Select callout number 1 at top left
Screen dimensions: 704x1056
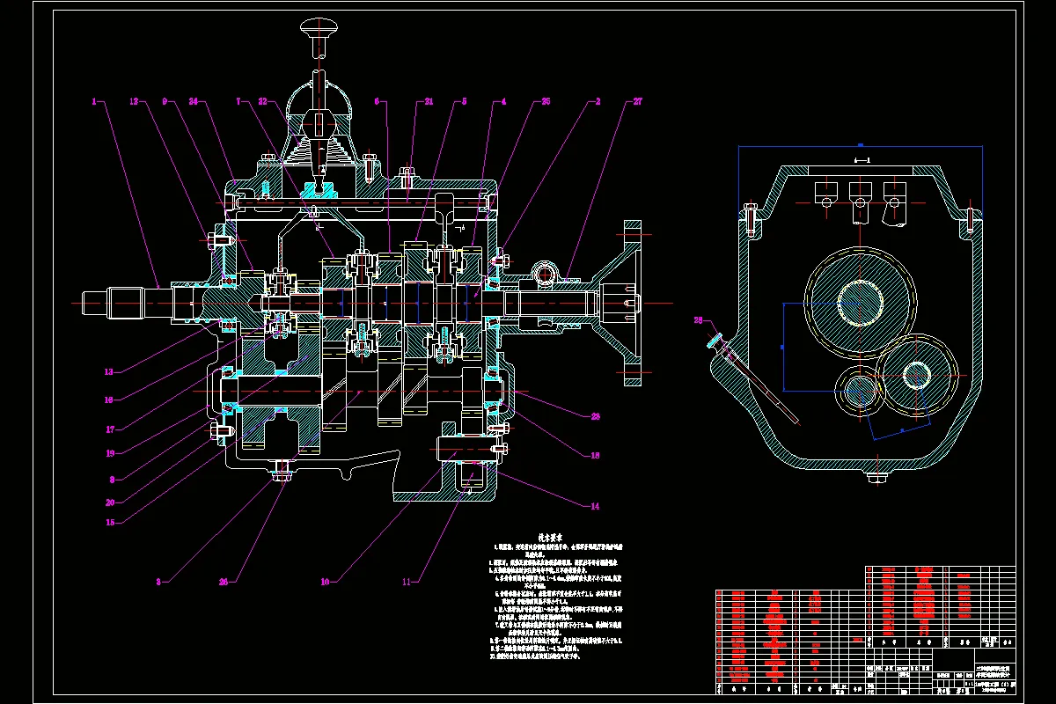tap(93, 102)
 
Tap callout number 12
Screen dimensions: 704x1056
tap(135, 102)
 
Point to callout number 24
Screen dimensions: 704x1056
tap(193, 102)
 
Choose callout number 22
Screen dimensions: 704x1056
tap(262, 102)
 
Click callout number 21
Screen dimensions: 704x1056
tap(429, 102)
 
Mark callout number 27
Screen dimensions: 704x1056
tap(637, 102)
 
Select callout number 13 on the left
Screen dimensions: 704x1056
tap(108, 371)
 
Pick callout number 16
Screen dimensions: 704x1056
tap(110, 400)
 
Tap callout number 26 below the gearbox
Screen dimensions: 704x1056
tap(223, 582)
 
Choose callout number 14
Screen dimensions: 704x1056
tap(595, 506)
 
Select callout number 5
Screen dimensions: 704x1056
tap(464, 102)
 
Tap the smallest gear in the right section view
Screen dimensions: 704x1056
tap(859, 393)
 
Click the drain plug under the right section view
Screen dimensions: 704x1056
tap(876, 478)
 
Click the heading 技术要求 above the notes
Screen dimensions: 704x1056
tap(551, 537)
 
